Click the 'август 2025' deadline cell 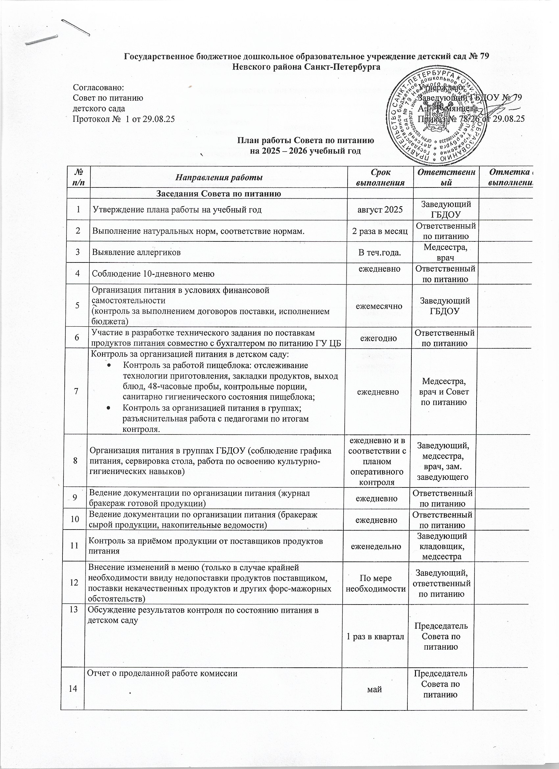380,209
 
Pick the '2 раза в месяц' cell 380,231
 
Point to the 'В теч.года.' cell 380,252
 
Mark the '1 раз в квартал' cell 375,637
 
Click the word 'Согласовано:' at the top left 99,87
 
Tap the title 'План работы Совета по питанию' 305,140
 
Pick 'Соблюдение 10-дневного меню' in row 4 154,274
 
